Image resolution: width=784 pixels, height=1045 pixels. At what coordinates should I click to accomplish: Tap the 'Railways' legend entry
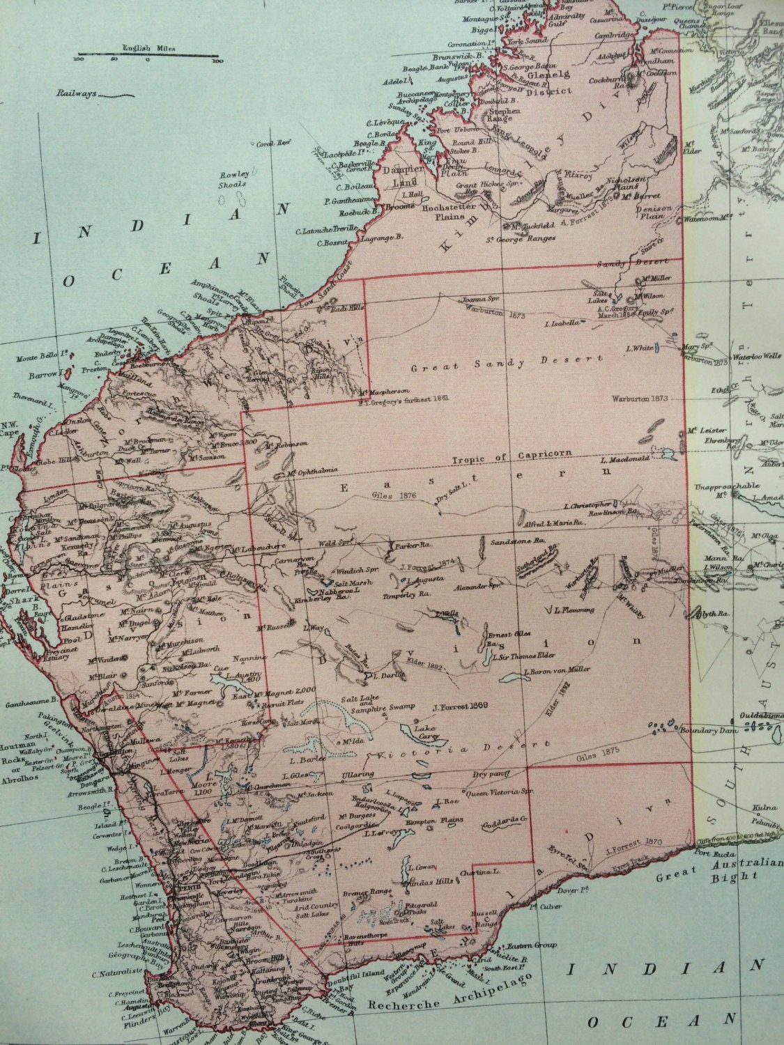click(x=82, y=93)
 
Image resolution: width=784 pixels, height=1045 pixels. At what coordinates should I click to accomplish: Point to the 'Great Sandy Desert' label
click(x=505, y=362)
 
